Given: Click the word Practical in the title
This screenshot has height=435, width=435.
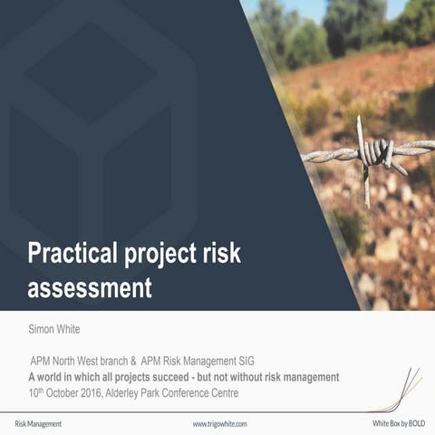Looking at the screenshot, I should click(73, 254).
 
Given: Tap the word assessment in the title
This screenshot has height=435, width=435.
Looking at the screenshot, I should click(89, 288).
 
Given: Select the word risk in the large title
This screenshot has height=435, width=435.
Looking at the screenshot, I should click(221, 253).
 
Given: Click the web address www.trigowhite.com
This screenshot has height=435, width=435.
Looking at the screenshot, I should click(219, 423).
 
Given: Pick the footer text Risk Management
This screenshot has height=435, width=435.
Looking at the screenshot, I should click(38, 423).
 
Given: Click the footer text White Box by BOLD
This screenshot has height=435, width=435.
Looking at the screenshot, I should click(399, 423).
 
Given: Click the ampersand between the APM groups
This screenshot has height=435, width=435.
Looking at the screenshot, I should click(132, 361).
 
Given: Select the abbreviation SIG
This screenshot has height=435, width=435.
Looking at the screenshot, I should click(245, 361).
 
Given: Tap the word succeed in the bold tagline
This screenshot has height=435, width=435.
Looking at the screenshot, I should click(181, 376).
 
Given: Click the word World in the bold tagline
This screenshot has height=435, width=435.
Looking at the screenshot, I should click(52, 376).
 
